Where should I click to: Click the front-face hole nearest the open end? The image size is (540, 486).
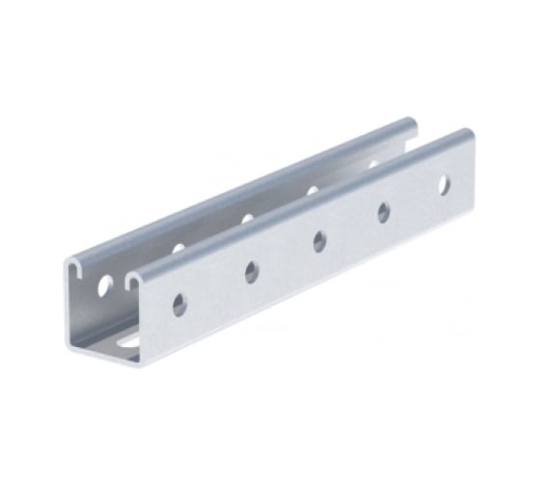[180, 306]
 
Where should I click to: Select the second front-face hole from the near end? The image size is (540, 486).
[252, 273]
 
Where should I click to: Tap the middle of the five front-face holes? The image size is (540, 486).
[319, 242]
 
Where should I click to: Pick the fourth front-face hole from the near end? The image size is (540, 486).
[384, 212]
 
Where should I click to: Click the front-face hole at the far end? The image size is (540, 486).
[445, 184]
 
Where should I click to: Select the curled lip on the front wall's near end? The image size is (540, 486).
[134, 279]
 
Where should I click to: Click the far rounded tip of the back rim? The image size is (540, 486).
[412, 122]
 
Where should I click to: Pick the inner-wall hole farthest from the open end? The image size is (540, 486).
[373, 165]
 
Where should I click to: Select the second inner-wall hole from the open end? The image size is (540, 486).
[178, 249]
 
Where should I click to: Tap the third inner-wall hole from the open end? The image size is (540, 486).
[248, 219]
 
